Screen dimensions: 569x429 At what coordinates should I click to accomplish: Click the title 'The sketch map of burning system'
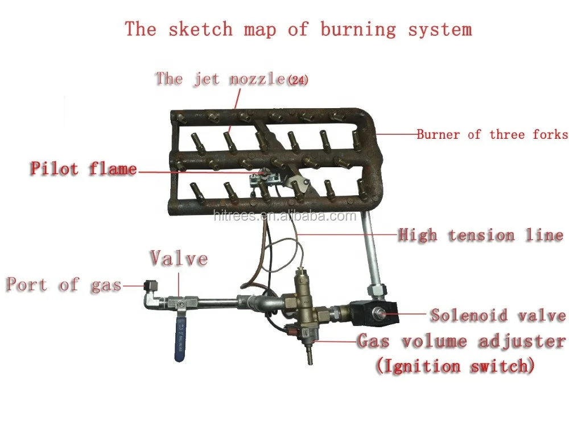click(x=298, y=29)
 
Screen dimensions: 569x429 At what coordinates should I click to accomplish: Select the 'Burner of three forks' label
click(x=492, y=135)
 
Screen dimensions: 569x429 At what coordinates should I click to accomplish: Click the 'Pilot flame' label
click(x=84, y=168)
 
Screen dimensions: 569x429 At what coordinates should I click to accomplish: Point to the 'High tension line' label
click(x=480, y=235)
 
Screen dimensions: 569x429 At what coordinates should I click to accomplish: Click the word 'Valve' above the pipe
click(x=179, y=258)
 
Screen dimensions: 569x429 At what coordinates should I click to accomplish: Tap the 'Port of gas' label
click(x=64, y=284)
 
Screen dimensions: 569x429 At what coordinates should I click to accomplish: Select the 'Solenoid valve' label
click(x=497, y=315)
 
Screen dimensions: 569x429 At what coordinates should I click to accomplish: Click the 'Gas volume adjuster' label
click(x=461, y=341)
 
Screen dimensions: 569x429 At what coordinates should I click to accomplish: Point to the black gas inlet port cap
click(x=150, y=284)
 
